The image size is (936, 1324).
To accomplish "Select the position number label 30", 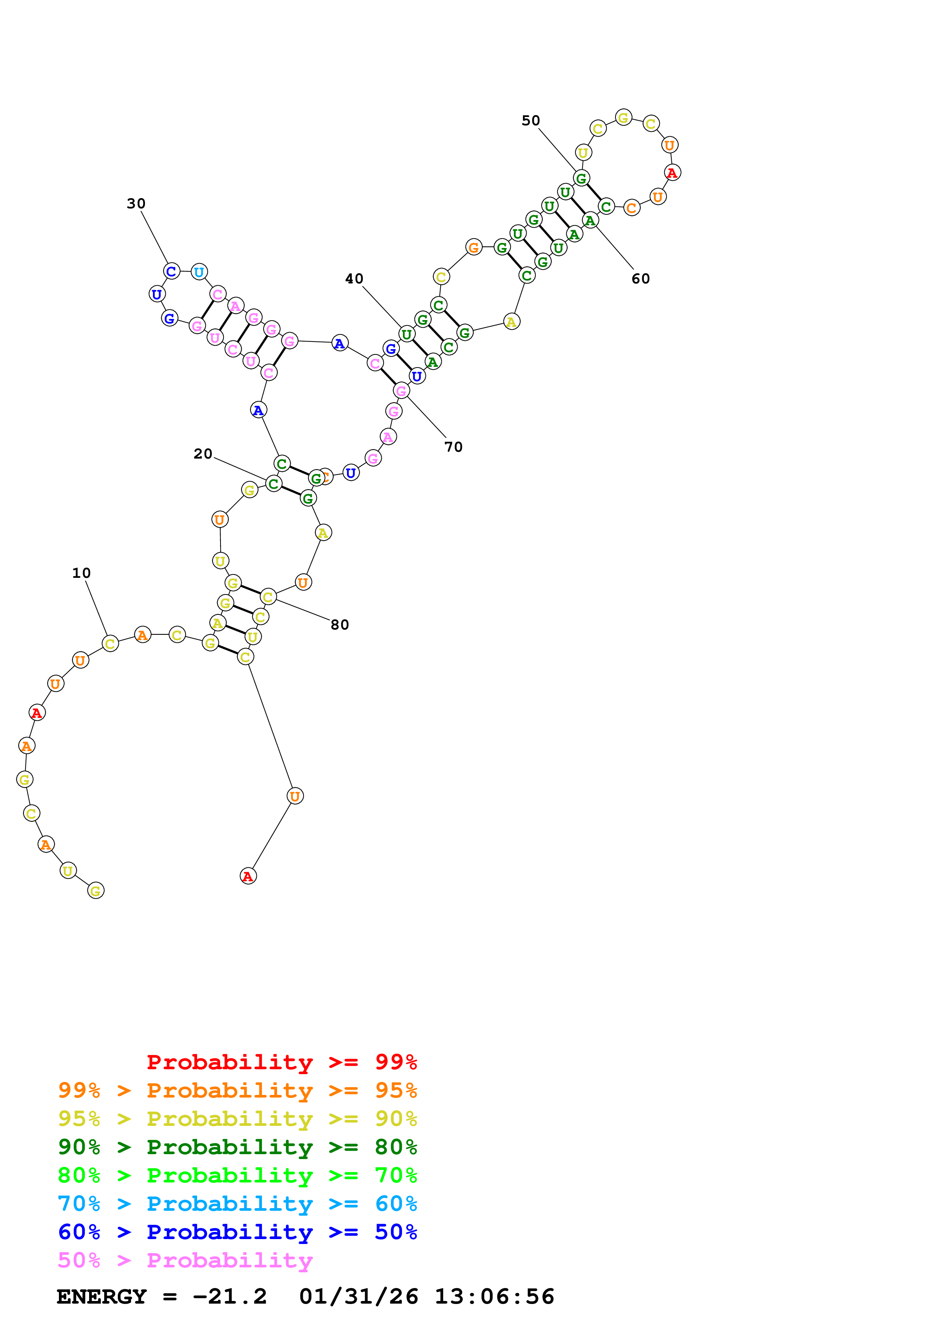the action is pos(136,203).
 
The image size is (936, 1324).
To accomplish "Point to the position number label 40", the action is pos(354,279).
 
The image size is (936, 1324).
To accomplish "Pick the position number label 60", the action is pos(641,279).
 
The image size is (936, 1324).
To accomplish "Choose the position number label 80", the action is pos(340,625).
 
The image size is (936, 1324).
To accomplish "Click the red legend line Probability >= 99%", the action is pos(281,1062).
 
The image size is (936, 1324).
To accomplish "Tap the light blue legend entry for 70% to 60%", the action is pos(237,1204).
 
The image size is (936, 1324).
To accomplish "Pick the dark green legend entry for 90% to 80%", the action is pos(237,1147).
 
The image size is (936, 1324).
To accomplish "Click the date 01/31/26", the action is pos(358,1297).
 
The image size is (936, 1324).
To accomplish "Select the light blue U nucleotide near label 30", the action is pos(199,272).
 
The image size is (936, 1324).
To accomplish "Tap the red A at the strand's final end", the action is pos(248,876).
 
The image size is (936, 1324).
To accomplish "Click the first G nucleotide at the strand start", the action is pos(96,891).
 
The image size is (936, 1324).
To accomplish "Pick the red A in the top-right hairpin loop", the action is pos(672,172).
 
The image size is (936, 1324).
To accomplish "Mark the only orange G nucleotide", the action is pos(473,247).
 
